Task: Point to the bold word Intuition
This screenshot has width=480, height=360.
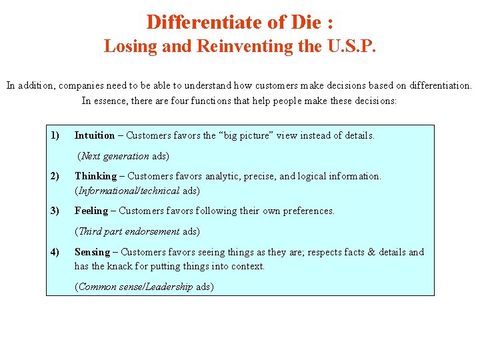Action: coord(94,135)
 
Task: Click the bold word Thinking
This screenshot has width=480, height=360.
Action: coord(95,176)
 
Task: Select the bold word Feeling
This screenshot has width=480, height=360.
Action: coord(91,211)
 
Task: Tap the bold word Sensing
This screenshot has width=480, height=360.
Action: coord(93,252)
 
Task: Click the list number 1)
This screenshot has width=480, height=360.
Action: coord(55,135)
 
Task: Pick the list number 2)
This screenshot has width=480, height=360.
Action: coord(55,176)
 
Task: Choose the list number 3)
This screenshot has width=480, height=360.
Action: coord(55,211)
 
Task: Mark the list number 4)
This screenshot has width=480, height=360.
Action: coord(55,252)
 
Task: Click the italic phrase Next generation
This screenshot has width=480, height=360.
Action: coord(115,156)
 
